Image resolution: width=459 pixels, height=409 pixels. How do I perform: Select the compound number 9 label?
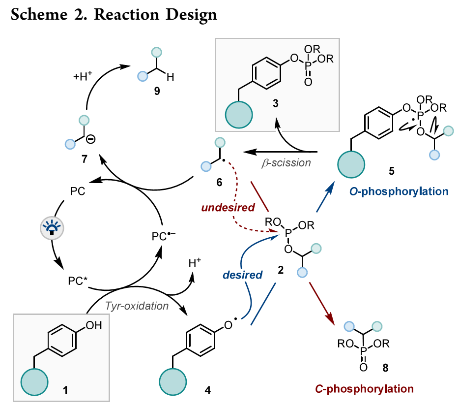pyautogui.click(x=157, y=91)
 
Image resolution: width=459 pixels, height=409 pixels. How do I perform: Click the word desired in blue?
pyautogui.click(x=242, y=274)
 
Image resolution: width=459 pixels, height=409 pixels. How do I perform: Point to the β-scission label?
pyautogui.click(x=286, y=162)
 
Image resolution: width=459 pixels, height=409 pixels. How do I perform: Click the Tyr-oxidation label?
pyautogui.click(x=137, y=306)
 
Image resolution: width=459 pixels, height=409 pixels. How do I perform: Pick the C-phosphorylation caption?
pyautogui.click(x=364, y=388)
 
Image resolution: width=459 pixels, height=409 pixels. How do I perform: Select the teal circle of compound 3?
pyautogui.click(x=239, y=116)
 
